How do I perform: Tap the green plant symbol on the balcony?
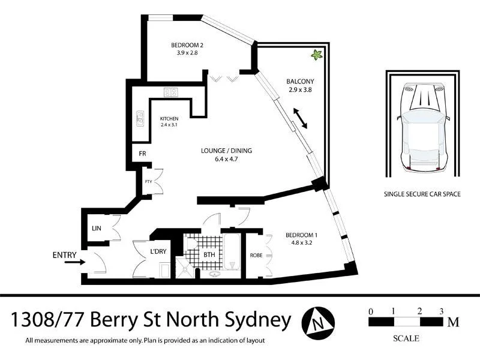316,55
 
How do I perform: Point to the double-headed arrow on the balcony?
299,118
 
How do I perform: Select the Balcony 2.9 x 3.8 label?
300,85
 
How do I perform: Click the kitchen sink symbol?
140,118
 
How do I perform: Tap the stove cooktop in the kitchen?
170,92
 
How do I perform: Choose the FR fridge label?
143,154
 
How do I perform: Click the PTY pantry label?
148,182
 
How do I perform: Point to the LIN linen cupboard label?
96,228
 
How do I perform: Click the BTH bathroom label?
209,254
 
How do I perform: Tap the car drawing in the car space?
424,127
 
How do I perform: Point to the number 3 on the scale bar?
441,311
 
